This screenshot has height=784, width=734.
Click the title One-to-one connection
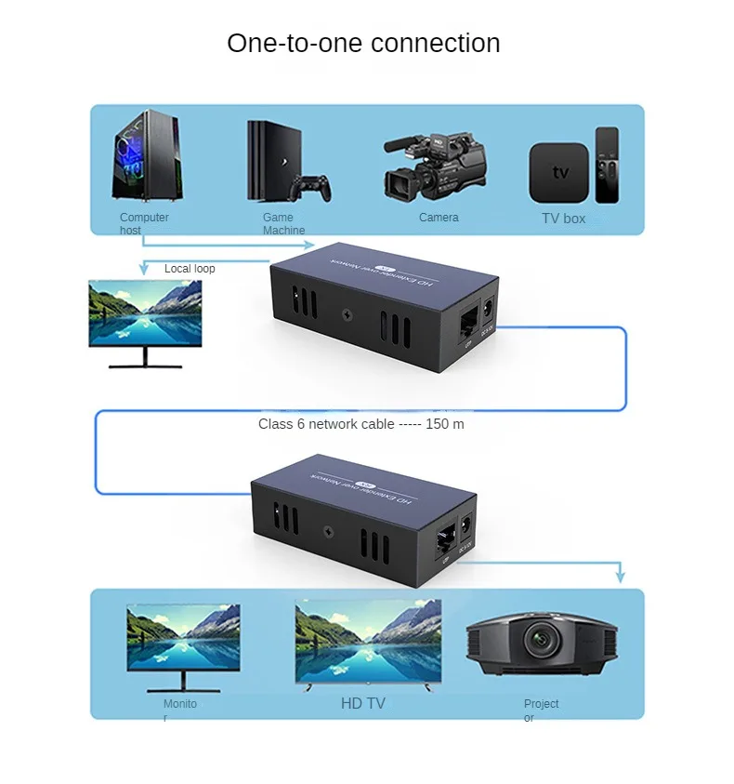pyautogui.click(x=363, y=43)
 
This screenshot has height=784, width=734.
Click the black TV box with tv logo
pyautogui.click(x=558, y=172)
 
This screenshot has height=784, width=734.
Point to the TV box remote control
pyautogui.click(x=607, y=165)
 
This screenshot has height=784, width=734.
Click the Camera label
pyautogui.click(x=439, y=218)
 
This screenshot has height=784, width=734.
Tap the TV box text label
pyautogui.click(x=563, y=219)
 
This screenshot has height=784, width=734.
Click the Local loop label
pyautogui.click(x=190, y=269)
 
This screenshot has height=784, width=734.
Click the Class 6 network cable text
pyautogui.click(x=361, y=424)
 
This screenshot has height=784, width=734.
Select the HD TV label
pyautogui.click(x=362, y=704)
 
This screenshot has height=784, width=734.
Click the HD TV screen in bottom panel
pyautogui.click(x=368, y=641)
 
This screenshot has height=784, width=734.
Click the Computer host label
pyautogui.click(x=144, y=223)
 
